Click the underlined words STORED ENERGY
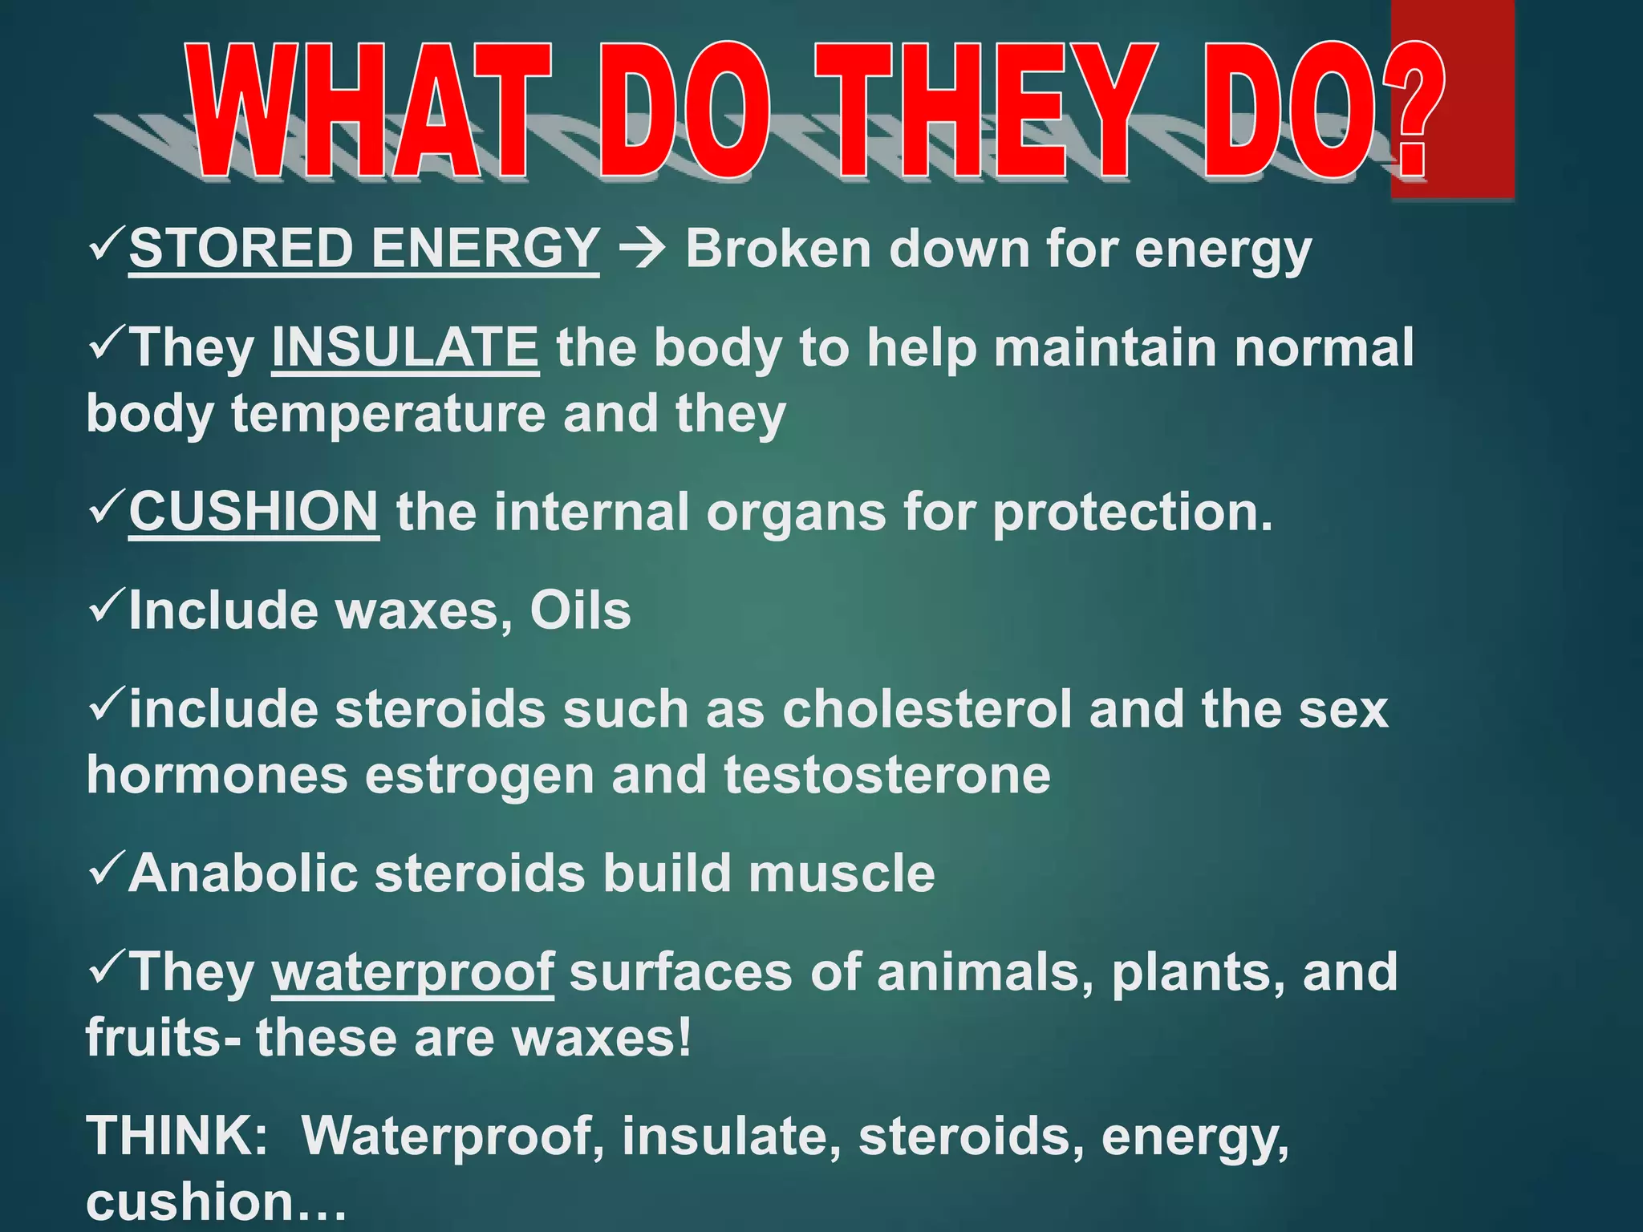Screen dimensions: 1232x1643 pos(363,248)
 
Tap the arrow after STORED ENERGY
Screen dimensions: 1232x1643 pos(642,249)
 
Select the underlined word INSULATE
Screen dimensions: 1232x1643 pos(405,347)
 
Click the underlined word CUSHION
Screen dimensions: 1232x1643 pos(254,512)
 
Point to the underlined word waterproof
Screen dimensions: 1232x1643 pos(412,972)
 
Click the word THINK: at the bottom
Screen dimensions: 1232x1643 pos(177,1136)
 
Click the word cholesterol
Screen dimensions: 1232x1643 pos(927,710)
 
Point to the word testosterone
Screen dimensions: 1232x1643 pos(887,776)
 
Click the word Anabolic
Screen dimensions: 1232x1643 pos(243,873)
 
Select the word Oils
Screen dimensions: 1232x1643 pos(580,611)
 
